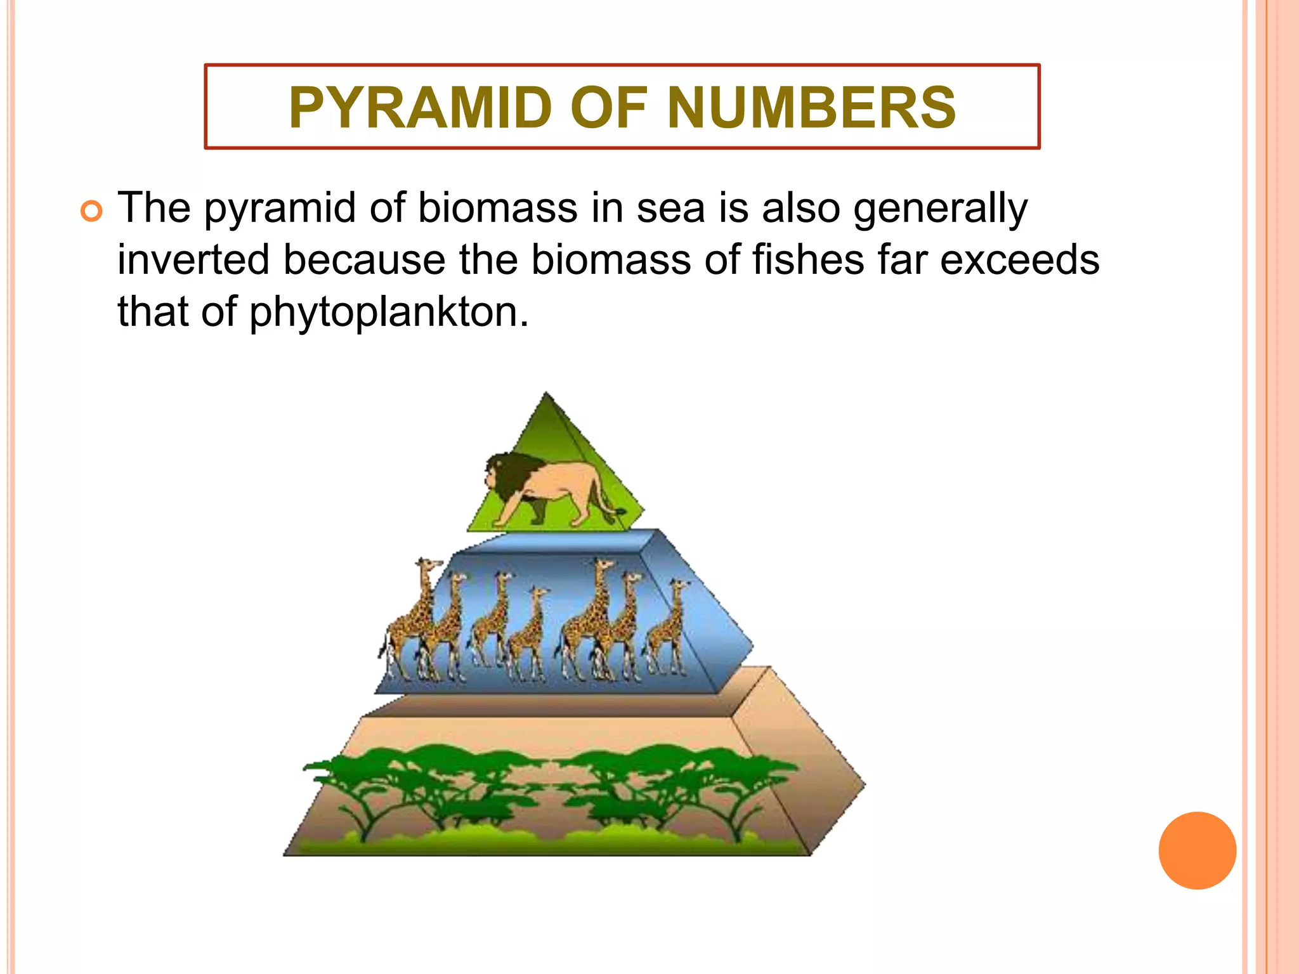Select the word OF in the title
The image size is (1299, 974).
click(609, 108)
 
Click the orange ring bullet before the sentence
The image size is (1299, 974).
click(92, 212)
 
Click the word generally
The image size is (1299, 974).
click(940, 209)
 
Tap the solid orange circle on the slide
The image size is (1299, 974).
click(1197, 850)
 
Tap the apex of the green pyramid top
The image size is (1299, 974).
click(547, 394)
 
